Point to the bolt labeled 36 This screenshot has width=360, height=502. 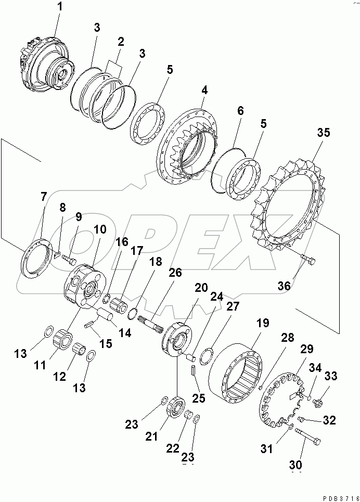310,259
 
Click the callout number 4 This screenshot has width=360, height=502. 204,89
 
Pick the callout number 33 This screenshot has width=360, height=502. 330,377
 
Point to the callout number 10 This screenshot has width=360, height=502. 98,229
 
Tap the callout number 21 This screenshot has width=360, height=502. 151,436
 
